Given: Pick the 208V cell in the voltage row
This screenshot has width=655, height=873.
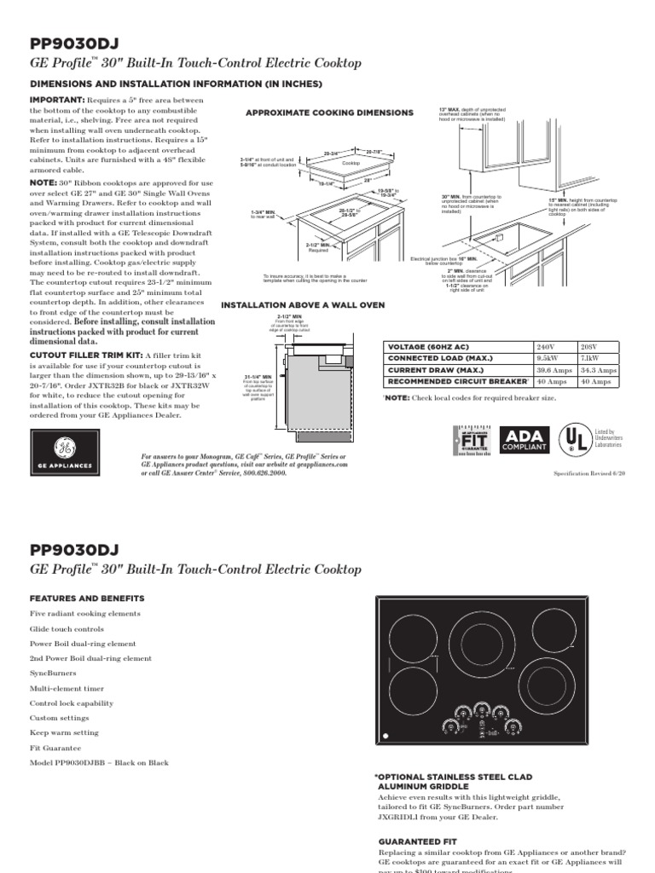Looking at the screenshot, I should pyautogui.click(x=598, y=347).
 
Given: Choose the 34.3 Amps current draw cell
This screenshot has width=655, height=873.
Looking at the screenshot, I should pyautogui.click(x=598, y=371).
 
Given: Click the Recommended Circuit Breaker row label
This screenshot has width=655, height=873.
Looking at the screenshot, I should pyautogui.click(x=456, y=383).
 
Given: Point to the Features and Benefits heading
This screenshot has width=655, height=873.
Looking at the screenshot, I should pyautogui.click(x=87, y=598).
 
